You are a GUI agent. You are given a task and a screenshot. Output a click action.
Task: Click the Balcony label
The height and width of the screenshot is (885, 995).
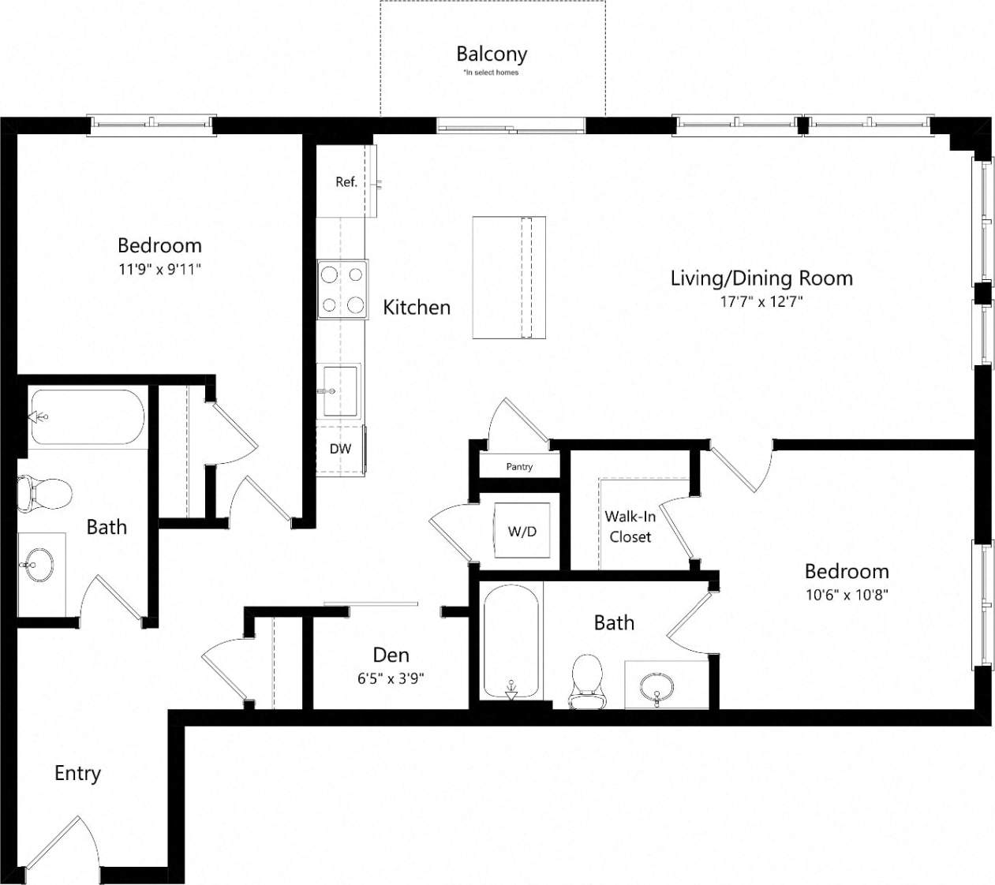point(491,54)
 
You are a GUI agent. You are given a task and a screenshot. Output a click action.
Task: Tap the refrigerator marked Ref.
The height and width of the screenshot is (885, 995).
point(346,182)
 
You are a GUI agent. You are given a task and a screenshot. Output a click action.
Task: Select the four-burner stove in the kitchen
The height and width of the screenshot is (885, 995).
point(342,289)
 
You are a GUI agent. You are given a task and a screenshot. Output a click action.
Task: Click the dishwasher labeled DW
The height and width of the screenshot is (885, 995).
point(340,449)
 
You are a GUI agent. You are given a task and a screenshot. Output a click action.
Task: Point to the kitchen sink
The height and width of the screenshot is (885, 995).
point(340,390)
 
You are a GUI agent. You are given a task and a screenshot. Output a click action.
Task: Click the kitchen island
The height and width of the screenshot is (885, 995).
point(509,277)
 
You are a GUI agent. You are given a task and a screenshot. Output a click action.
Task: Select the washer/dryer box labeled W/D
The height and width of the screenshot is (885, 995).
point(522,531)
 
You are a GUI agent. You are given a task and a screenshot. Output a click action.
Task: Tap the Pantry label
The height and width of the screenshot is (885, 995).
point(519,466)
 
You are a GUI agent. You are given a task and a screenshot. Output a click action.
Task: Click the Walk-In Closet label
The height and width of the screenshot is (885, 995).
point(630,526)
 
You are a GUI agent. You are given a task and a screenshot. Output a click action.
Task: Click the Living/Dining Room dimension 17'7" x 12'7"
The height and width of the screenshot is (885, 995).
point(761,301)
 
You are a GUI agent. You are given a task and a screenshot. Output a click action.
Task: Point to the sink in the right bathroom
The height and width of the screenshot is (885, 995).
point(656,685)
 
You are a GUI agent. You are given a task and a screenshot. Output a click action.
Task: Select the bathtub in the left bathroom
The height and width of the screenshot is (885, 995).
point(87,418)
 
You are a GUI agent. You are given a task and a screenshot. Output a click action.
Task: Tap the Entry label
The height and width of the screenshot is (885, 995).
point(77,773)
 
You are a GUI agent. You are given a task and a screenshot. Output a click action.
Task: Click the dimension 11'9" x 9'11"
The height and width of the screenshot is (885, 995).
point(159,269)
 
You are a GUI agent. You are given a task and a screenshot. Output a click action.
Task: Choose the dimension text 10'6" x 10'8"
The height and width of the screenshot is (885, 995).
point(846,595)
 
